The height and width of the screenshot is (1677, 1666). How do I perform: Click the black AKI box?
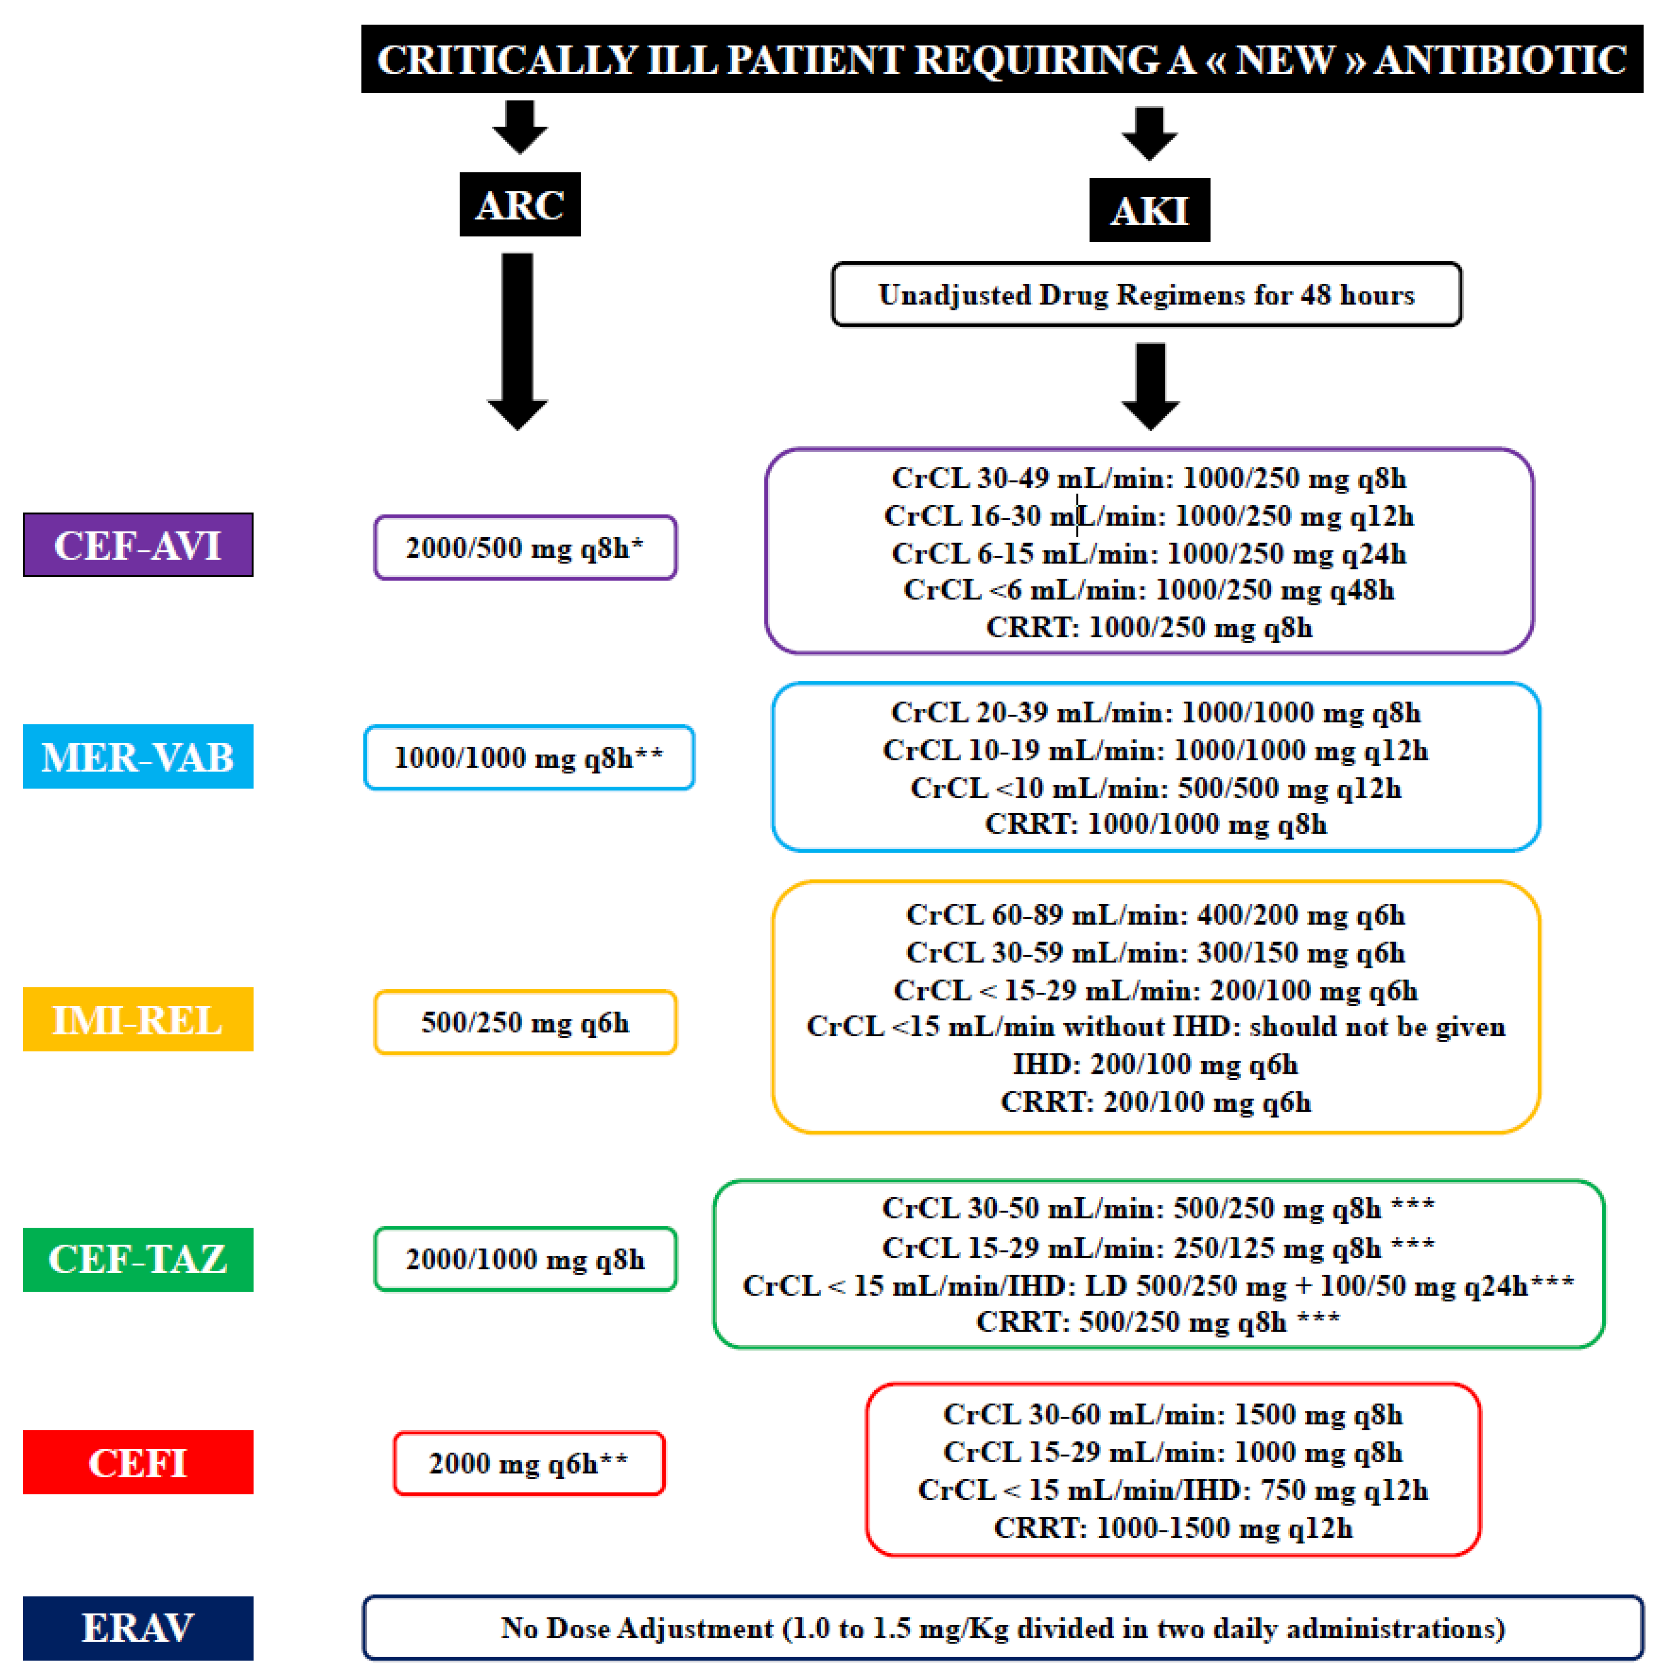coord(1149,210)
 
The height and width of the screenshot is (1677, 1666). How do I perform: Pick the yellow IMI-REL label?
coord(138,1019)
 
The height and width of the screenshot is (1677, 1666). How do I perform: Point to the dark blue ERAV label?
coord(138,1628)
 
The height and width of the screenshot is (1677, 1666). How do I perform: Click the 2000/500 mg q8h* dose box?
coord(525,548)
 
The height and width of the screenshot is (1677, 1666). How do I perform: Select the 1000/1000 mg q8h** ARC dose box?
coord(528,758)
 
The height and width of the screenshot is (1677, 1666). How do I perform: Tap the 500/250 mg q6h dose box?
coord(525,1023)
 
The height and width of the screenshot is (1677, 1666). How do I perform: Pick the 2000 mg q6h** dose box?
coord(528,1464)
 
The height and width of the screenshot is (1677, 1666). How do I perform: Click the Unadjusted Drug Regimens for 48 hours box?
coord(1146,294)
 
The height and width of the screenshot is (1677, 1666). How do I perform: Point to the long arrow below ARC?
coord(517,338)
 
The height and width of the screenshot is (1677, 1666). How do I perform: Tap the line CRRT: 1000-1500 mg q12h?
coord(1172,1527)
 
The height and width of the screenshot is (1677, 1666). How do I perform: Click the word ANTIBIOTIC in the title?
coord(1500,60)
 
